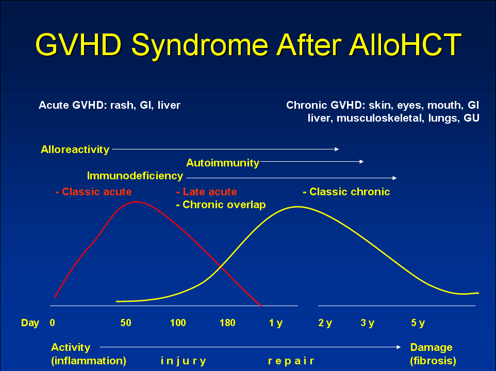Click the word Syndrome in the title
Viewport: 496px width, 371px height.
click(x=200, y=45)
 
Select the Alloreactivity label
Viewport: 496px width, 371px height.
click(x=75, y=149)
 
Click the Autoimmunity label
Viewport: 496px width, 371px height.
click(x=223, y=163)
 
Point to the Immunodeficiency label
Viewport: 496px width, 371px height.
click(x=135, y=176)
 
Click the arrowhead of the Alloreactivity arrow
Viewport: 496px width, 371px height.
click(x=337, y=149)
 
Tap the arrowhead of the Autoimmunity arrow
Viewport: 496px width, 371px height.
click(x=361, y=161)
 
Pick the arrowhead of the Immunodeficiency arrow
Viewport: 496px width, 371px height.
click(x=394, y=178)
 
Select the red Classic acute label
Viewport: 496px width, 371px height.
click(x=94, y=192)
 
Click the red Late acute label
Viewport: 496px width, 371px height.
click(x=206, y=192)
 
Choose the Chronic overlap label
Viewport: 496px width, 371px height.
click(x=221, y=205)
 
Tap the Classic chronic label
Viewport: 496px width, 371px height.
click(x=346, y=192)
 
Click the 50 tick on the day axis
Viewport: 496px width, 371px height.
click(x=126, y=323)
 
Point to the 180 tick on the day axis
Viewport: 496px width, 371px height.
click(x=227, y=323)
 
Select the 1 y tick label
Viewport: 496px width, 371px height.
click(x=275, y=323)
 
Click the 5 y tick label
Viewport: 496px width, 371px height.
click(x=418, y=323)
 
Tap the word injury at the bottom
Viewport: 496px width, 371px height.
click(x=183, y=361)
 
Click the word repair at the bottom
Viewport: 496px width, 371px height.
click(x=291, y=361)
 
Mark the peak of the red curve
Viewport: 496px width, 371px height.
click(x=137, y=201)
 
